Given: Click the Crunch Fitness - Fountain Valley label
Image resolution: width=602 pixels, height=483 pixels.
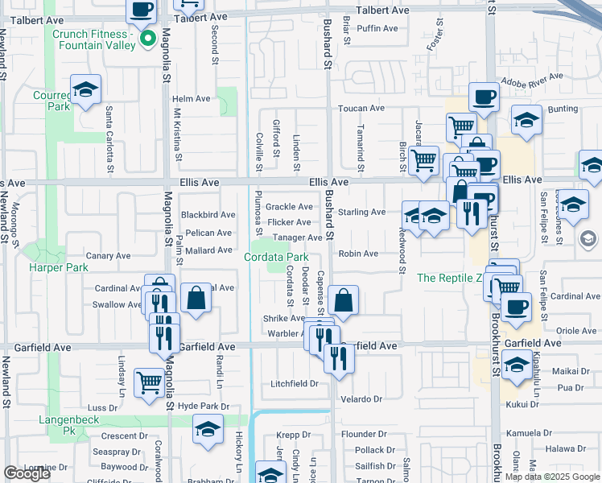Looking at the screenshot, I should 105,39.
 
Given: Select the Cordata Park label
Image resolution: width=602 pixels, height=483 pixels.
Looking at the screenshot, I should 276,257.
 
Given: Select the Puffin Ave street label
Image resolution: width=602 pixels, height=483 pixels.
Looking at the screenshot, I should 377,28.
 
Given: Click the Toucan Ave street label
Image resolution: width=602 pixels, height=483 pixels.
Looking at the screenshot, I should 361,108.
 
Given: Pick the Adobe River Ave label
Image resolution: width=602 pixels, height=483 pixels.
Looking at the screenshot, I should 534,82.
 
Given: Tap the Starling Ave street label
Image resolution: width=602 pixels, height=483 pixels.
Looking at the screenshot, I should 361,213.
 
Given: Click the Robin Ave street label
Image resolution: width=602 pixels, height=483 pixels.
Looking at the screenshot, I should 358,254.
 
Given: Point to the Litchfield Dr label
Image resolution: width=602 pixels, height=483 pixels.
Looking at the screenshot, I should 295,383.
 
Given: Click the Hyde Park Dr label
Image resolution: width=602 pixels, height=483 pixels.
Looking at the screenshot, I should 204,407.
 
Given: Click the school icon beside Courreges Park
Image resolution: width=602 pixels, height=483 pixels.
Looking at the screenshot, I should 85,91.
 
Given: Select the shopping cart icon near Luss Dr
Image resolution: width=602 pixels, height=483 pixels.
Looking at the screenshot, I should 149,382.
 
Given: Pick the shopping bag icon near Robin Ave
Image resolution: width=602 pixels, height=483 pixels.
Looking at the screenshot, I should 343,301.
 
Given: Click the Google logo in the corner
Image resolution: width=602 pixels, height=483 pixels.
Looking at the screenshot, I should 27,474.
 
